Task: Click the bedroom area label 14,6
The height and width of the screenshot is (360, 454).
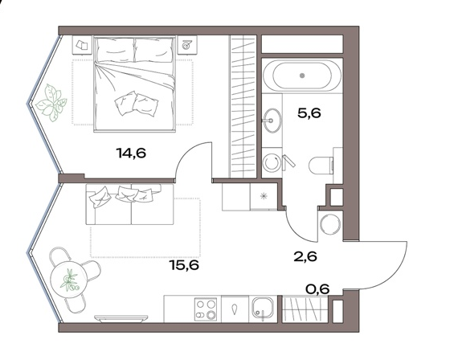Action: pos(131,153)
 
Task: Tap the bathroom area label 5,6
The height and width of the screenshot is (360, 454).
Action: pos(309,112)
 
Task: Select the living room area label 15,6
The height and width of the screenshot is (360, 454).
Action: pos(185,264)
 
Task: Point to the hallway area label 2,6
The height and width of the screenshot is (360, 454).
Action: pos(305,256)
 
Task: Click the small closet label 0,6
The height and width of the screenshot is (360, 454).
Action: pos(317,288)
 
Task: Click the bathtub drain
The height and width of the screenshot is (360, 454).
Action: pos(303,76)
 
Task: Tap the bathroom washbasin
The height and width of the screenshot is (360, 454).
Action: pos(272,121)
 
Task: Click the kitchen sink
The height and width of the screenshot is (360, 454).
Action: pos(263,309)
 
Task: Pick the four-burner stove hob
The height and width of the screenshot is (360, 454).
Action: pos(206,309)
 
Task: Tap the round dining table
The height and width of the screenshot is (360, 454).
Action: pos(69,279)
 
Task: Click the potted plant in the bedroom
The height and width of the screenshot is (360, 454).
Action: pos(51,103)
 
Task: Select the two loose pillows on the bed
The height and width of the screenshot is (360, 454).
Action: pos(136,104)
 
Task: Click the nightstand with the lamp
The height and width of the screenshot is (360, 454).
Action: pos(187,45)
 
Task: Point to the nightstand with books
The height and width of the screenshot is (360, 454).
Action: pos(82,45)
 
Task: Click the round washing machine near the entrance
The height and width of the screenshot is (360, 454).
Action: pos(330,223)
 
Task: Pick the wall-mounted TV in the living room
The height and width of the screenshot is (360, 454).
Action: pos(121,318)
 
